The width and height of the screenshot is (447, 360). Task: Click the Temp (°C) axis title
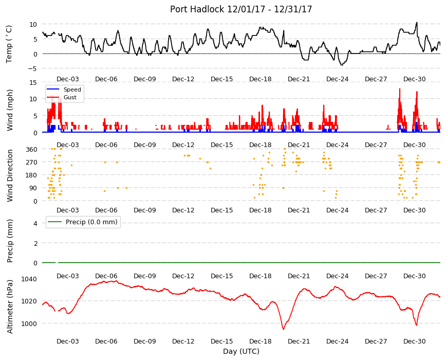9,44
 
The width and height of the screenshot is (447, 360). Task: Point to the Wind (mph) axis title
10,110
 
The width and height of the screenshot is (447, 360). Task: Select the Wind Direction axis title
10,176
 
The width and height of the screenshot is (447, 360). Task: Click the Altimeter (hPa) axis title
10,307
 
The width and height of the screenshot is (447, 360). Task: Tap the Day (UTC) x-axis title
241,351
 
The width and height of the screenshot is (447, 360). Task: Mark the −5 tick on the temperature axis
33,69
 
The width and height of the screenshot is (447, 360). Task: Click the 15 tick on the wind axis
33,82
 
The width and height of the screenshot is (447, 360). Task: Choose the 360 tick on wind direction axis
32,150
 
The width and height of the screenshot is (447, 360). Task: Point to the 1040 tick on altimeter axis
29,279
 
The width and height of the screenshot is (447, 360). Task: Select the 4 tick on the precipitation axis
35,223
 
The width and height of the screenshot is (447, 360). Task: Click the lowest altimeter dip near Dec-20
284,329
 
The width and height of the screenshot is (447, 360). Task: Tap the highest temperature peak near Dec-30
417,22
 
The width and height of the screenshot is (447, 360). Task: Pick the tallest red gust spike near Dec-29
400,89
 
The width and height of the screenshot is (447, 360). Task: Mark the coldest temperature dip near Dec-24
342,65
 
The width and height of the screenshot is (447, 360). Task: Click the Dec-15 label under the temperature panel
222,79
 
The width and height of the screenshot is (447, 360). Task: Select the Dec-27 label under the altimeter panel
376,341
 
